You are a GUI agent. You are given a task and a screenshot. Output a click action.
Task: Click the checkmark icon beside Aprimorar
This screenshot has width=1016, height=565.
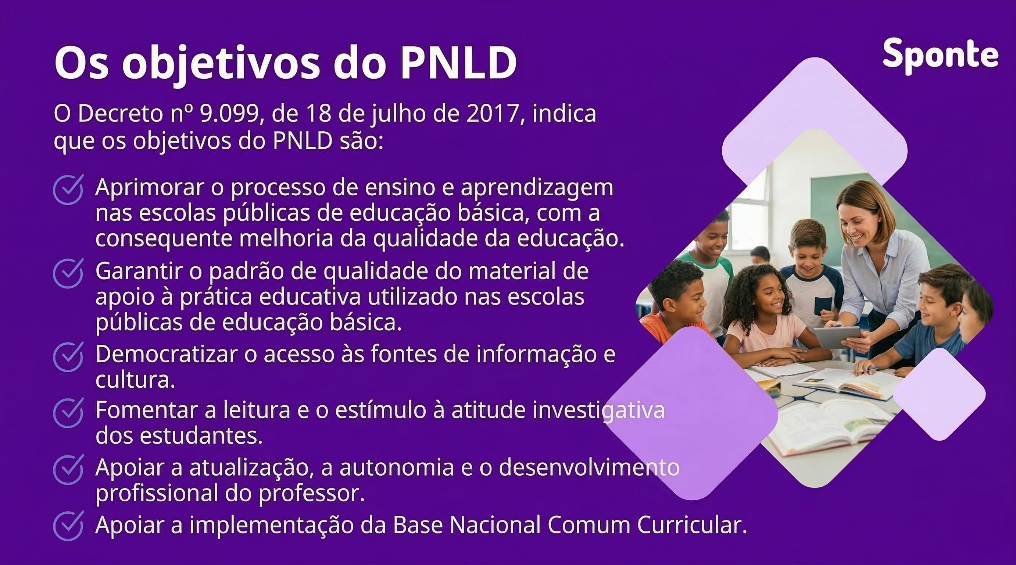click(68, 189)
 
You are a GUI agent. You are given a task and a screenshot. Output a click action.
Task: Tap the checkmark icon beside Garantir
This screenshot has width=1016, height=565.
click(68, 273)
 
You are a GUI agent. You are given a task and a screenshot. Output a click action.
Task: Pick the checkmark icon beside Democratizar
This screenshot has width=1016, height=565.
click(68, 357)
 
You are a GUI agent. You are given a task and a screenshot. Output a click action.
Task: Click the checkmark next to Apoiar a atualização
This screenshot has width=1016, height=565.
click(68, 469)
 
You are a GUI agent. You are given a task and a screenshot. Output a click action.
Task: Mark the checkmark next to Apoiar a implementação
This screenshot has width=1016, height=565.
click(68, 526)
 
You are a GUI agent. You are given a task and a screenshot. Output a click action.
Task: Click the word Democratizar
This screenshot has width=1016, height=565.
click(166, 354)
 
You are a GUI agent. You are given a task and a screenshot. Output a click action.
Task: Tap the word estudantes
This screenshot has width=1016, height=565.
click(201, 436)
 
